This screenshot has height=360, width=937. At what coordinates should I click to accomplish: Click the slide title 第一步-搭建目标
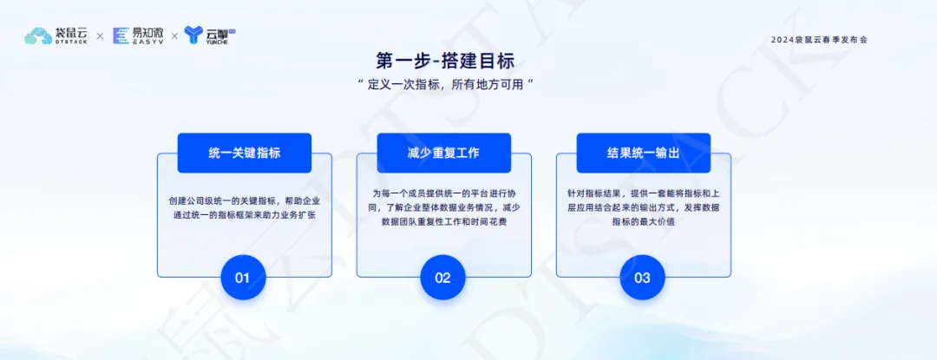[445, 61]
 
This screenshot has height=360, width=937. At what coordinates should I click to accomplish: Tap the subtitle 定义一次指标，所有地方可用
[445, 85]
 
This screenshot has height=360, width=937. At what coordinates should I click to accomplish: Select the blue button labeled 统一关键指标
[245, 153]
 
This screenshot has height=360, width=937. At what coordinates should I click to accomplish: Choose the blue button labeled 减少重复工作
[444, 153]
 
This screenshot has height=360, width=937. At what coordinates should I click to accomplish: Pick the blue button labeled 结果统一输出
[644, 153]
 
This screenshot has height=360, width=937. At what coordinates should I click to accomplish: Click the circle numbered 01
[243, 277]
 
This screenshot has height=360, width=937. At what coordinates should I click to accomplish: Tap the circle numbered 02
[442, 277]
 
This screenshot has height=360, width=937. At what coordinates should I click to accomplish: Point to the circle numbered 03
[642, 277]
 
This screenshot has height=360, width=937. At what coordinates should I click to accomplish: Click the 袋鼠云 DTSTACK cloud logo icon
[38, 36]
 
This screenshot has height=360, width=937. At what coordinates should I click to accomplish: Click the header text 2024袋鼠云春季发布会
[819, 40]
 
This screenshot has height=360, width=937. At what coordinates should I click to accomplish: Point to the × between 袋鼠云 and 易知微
[100, 36]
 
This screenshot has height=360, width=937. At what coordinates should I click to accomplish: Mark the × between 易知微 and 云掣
[174, 36]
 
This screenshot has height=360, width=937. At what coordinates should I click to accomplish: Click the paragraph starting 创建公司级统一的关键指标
[245, 208]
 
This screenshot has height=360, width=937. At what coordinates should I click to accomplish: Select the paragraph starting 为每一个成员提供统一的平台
[443, 208]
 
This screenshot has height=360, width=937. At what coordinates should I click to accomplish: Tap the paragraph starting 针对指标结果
[644, 208]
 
